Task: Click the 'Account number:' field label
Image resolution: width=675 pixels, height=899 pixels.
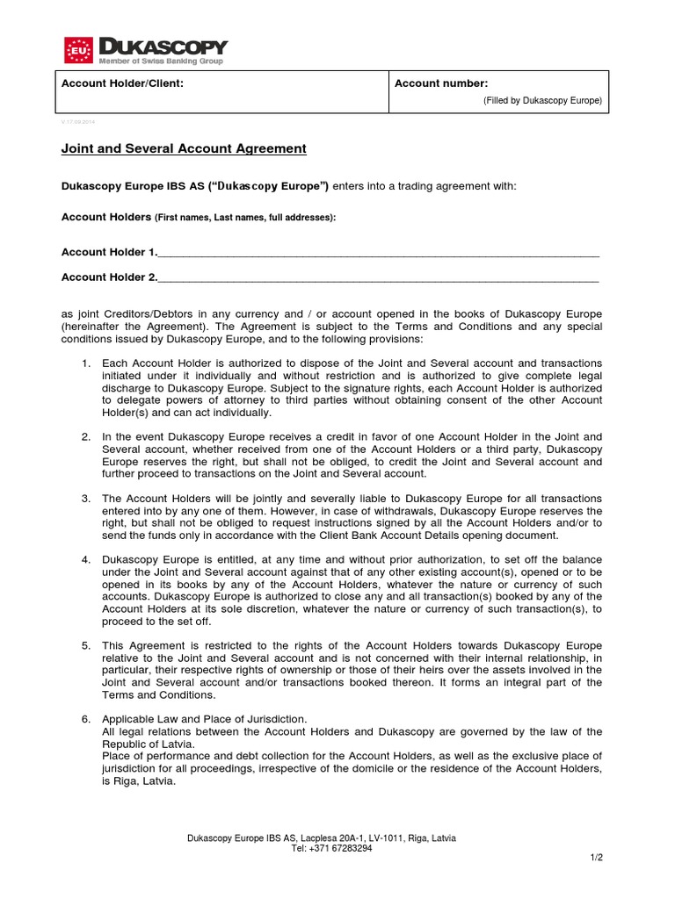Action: point(441,83)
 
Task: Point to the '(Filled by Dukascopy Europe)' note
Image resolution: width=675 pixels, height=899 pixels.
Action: point(542,101)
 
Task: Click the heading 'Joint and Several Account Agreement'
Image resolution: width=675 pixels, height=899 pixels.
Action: point(184,149)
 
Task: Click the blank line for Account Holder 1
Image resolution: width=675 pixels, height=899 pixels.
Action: point(378,253)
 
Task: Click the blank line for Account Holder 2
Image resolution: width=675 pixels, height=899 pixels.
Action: point(378,278)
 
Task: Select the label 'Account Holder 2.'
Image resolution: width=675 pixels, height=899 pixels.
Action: point(109,277)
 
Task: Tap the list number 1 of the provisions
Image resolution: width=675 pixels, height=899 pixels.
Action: point(85,363)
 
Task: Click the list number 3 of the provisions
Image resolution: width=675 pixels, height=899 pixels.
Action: point(85,499)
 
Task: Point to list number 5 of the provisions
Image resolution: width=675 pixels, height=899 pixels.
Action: point(85,645)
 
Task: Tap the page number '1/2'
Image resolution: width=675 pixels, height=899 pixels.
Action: point(597,857)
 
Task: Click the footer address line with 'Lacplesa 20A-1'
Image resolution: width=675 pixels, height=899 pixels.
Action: point(322,838)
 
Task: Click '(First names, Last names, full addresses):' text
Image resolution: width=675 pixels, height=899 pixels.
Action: point(245,217)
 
